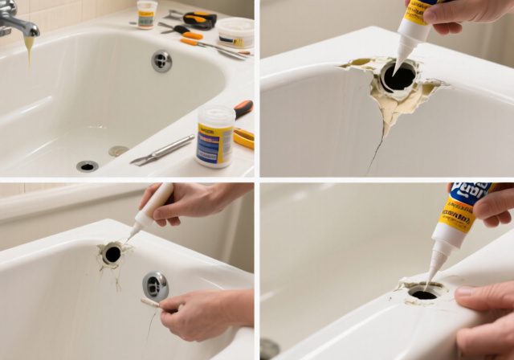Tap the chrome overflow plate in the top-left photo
coord(161,60)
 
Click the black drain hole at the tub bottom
coord(87,166)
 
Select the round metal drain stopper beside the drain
coord(118,150)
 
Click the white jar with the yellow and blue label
coord(215,136)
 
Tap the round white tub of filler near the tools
coord(235,32)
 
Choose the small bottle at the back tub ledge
coord(147,14)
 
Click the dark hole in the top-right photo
coord(399,77)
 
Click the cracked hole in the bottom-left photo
coord(112,254)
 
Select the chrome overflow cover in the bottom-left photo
coord(155,285)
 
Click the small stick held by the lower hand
coord(150,303)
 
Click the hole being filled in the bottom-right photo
coord(422,294)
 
